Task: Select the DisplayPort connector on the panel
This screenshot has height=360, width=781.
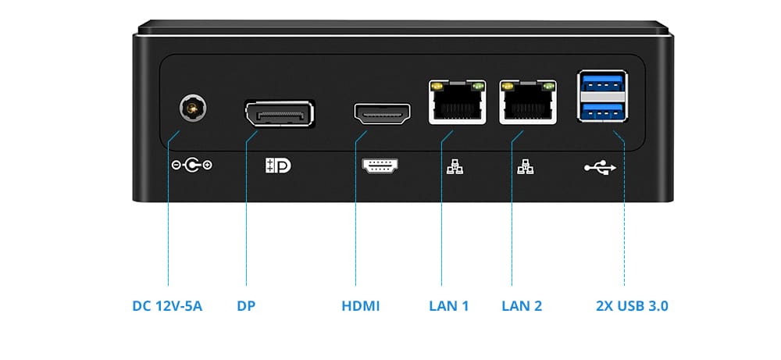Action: (279, 115)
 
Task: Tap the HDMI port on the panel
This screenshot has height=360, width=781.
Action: (383, 115)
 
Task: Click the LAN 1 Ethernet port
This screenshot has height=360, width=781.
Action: (457, 102)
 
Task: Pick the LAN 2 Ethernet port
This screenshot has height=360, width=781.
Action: (529, 102)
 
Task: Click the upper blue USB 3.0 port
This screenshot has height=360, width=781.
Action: (602, 83)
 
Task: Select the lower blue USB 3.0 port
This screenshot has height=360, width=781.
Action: (602, 110)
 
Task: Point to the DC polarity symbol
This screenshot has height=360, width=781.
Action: (191, 165)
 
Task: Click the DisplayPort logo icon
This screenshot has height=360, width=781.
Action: (279, 166)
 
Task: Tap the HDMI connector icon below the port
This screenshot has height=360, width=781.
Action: (380, 166)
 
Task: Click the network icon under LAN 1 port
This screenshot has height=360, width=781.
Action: (454, 166)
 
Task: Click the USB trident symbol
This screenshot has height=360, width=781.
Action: (601, 166)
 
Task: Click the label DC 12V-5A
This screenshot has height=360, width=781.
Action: (167, 305)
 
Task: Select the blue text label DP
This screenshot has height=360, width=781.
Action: (246, 305)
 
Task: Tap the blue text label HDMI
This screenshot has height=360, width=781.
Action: (361, 305)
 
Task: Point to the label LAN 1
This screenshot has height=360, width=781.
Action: (449, 305)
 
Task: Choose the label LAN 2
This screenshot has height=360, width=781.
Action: (522, 305)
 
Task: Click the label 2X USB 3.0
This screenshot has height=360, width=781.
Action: (632, 305)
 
